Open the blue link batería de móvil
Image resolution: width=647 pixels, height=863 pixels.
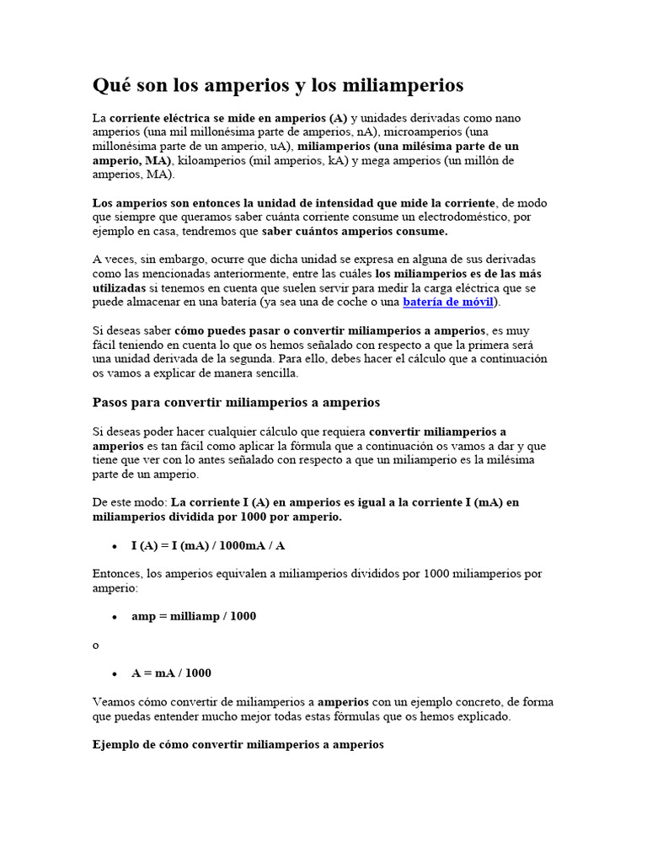[x=450, y=302]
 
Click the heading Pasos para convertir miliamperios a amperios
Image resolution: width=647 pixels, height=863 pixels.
[x=236, y=403]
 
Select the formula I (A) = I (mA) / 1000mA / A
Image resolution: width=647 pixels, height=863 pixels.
[x=208, y=545]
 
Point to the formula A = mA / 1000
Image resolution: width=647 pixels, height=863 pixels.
[x=171, y=673]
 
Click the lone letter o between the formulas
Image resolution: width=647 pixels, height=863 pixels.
[x=95, y=645]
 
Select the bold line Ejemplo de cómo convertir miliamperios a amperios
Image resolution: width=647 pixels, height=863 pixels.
[x=238, y=744]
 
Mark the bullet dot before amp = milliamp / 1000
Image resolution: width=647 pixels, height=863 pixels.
[x=114, y=617]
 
